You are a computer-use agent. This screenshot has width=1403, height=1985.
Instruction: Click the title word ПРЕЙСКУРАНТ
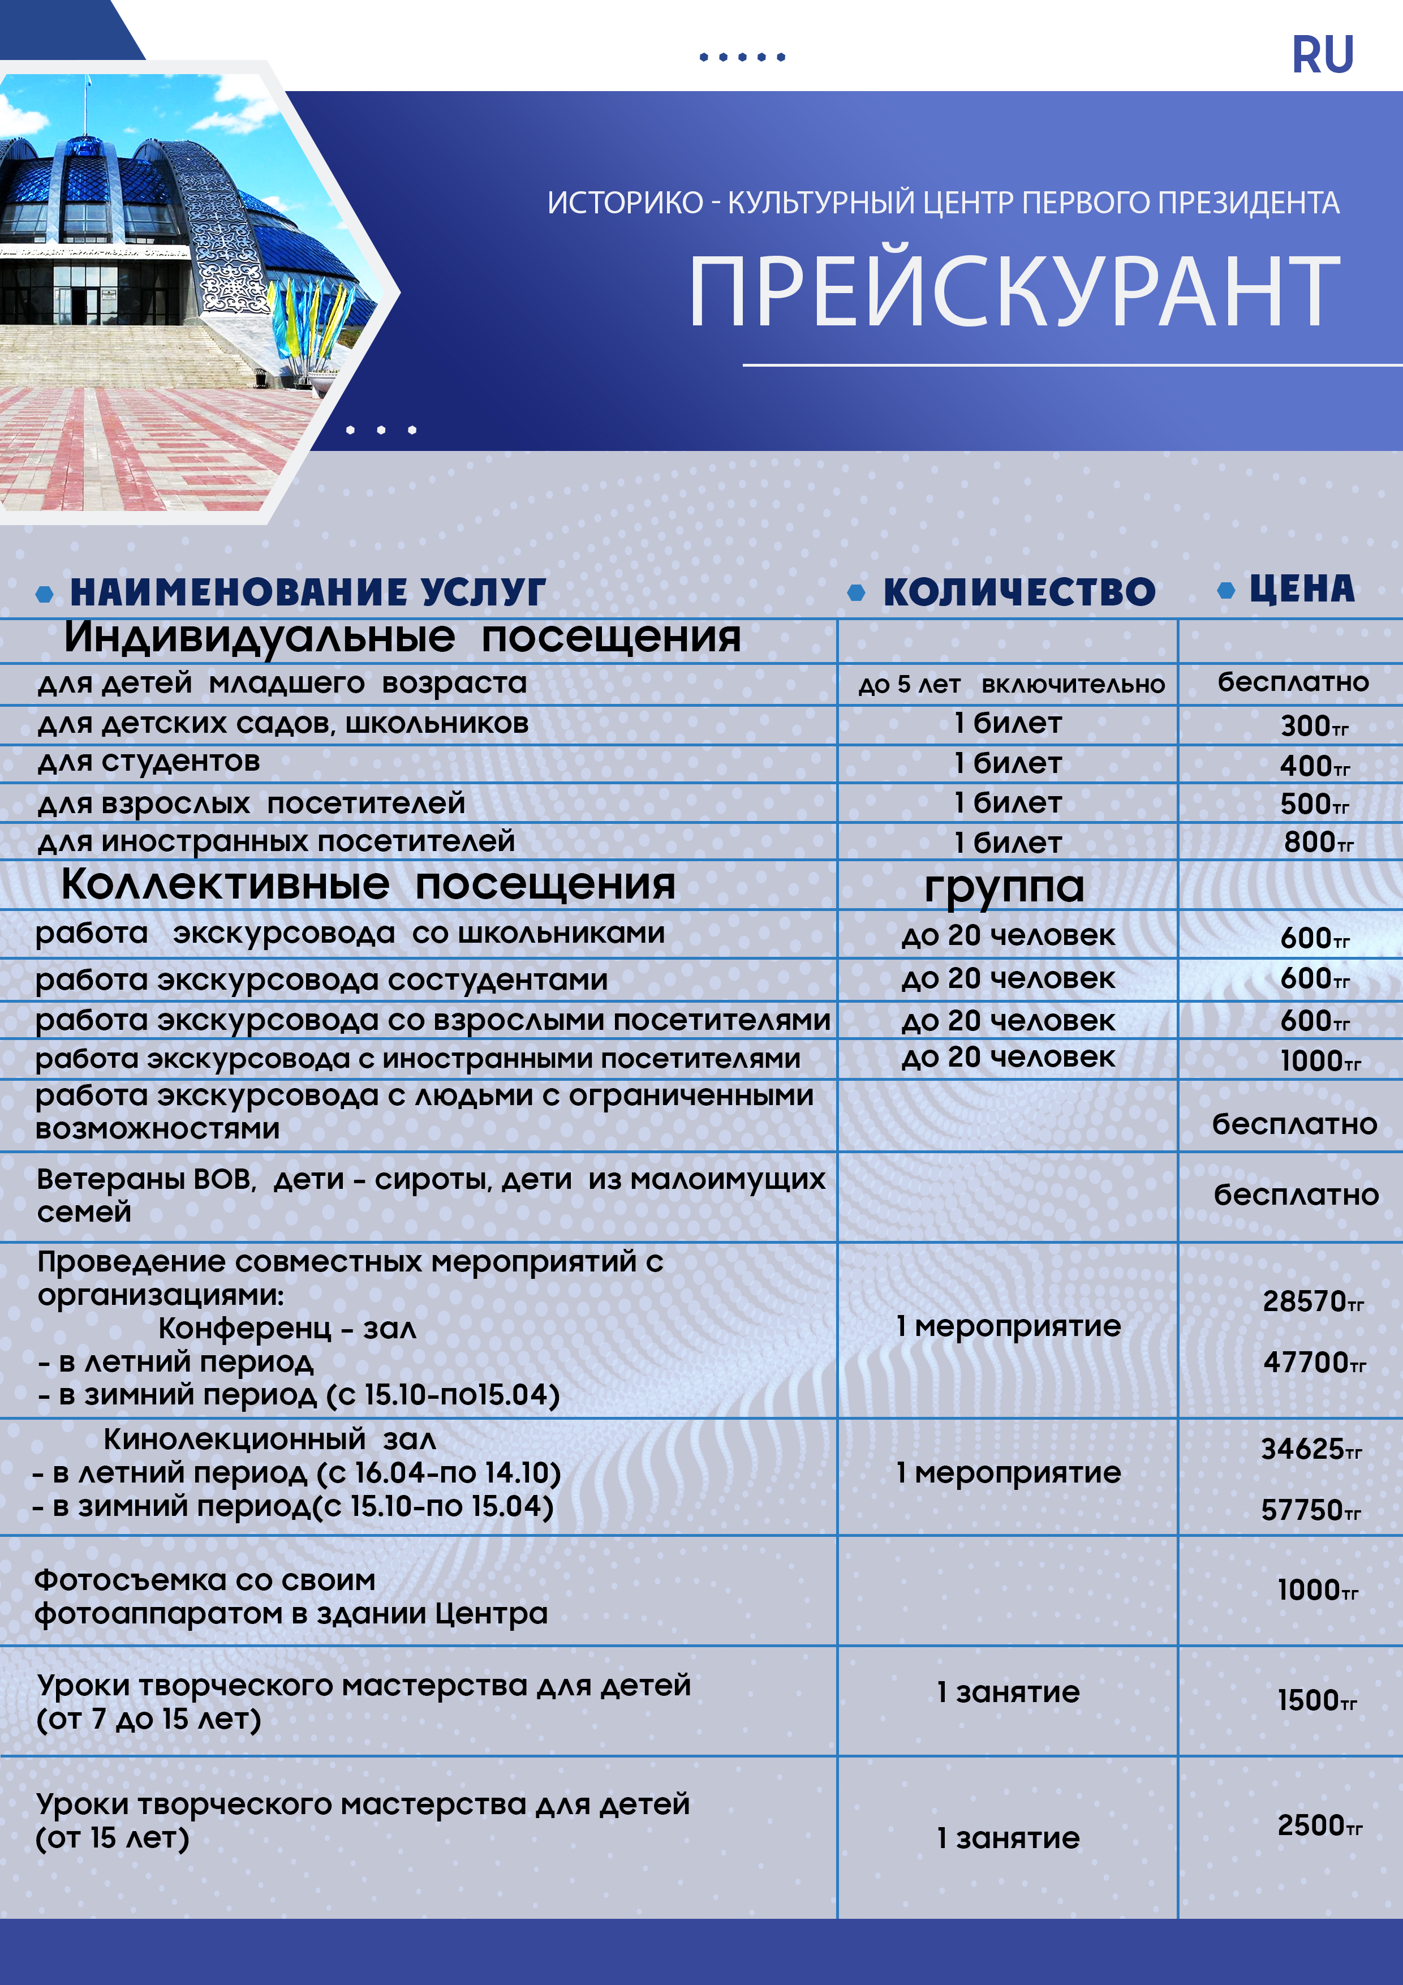(x=1013, y=293)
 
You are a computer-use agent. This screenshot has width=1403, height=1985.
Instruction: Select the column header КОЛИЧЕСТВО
(x=1018, y=592)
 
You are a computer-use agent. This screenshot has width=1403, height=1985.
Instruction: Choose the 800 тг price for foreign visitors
(x=1318, y=841)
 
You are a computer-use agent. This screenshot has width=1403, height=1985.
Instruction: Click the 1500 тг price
(x=1316, y=1700)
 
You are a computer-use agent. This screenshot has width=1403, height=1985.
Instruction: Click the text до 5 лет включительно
(x=1010, y=685)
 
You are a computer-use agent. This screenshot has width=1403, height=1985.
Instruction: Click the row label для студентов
(x=149, y=762)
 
